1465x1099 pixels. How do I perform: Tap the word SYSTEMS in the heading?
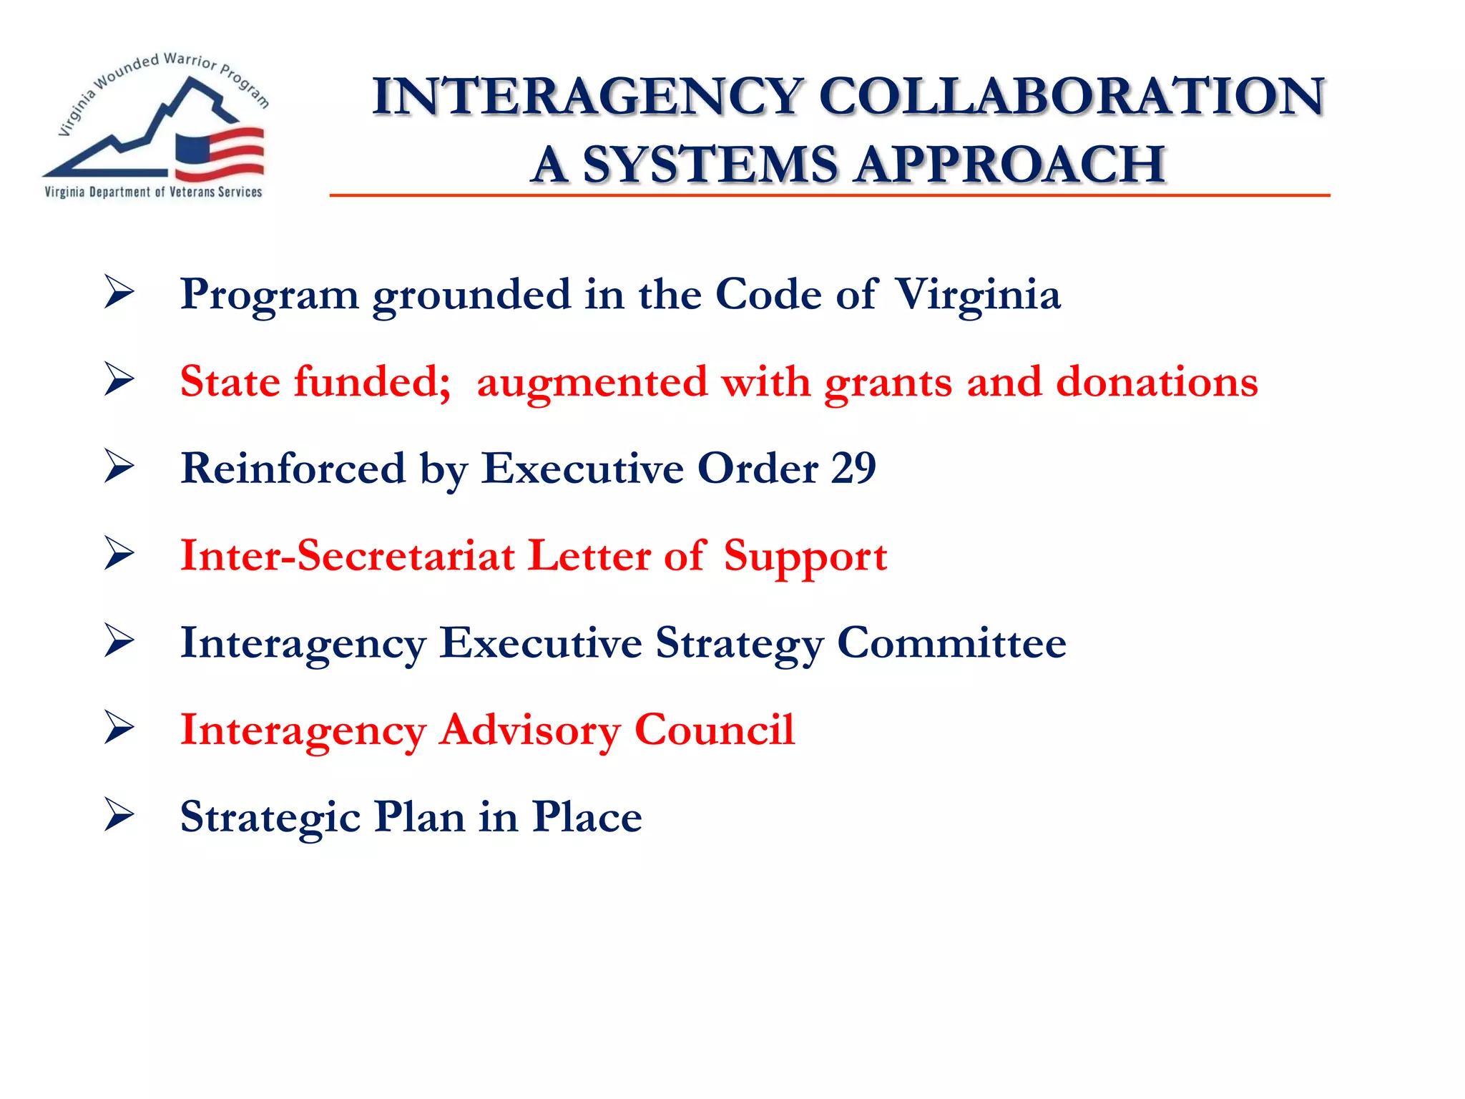point(709,165)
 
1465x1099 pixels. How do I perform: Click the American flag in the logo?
point(220,153)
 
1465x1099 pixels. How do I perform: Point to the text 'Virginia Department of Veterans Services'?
point(153,192)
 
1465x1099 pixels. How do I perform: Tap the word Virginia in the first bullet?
point(978,295)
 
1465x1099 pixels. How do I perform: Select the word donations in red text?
point(1157,381)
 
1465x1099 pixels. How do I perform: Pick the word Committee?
point(951,643)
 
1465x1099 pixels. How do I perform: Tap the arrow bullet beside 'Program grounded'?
point(119,292)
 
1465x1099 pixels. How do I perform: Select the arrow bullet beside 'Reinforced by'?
point(119,467)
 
